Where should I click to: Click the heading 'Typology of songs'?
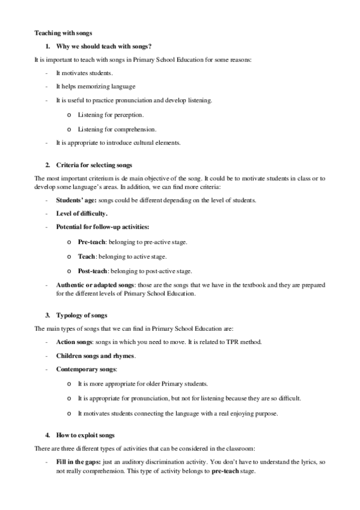(x=81, y=315)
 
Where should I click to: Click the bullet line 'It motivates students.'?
(x=84, y=73)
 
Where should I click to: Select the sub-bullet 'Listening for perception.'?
(x=111, y=114)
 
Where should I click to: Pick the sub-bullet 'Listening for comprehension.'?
(x=117, y=129)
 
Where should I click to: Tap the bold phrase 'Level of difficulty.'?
(x=82, y=213)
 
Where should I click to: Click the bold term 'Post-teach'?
(x=94, y=271)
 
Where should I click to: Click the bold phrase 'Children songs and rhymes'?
(x=95, y=356)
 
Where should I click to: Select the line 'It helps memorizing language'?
(x=95, y=87)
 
